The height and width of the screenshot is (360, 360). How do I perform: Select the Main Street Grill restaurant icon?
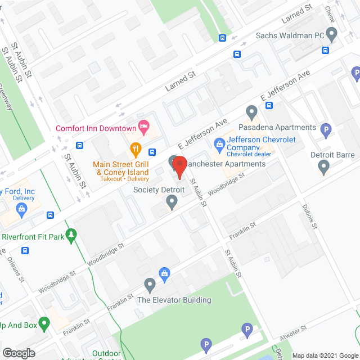[x=135, y=150]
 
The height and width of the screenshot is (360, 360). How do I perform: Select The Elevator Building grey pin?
[x=150, y=286]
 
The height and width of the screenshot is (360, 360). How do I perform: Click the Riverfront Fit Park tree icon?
[x=71, y=235]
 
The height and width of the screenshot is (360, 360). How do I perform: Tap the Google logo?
[x=18, y=353]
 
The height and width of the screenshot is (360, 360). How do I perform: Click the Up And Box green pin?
[x=44, y=323]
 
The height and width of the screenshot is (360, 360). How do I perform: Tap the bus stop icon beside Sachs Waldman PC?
[x=325, y=49]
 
